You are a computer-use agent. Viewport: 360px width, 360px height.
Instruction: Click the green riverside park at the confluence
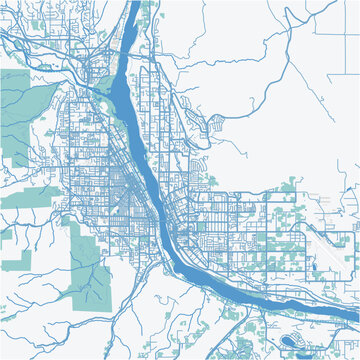click(x=103, y=100)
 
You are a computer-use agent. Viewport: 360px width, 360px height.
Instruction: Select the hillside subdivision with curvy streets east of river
click(x=216, y=126)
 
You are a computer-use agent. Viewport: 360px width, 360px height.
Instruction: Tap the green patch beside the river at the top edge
click(x=149, y=12)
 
